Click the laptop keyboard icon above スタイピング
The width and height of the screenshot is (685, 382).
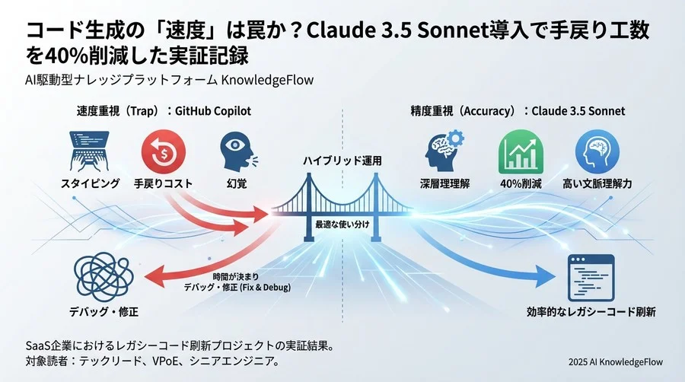tap(90, 152)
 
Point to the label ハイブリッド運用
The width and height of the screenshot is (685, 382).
tap(342, 162)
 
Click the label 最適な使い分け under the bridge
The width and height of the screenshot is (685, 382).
tap(341, 225)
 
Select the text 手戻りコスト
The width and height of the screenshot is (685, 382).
tap(163, 183)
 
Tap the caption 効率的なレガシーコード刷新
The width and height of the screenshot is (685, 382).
tap(591, 312)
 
